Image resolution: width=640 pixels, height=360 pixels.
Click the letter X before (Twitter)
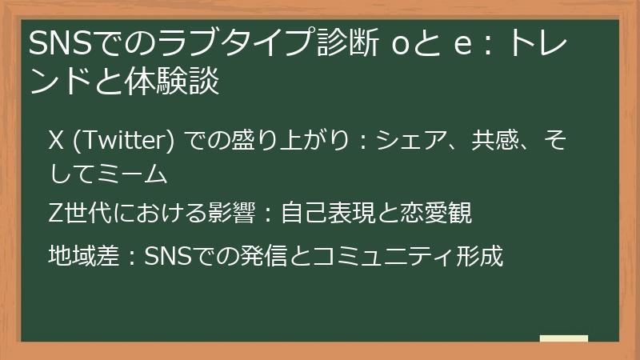point(56,142)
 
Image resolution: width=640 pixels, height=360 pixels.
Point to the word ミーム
point(132,172)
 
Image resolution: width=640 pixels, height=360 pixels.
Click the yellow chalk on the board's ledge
point(563,338)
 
